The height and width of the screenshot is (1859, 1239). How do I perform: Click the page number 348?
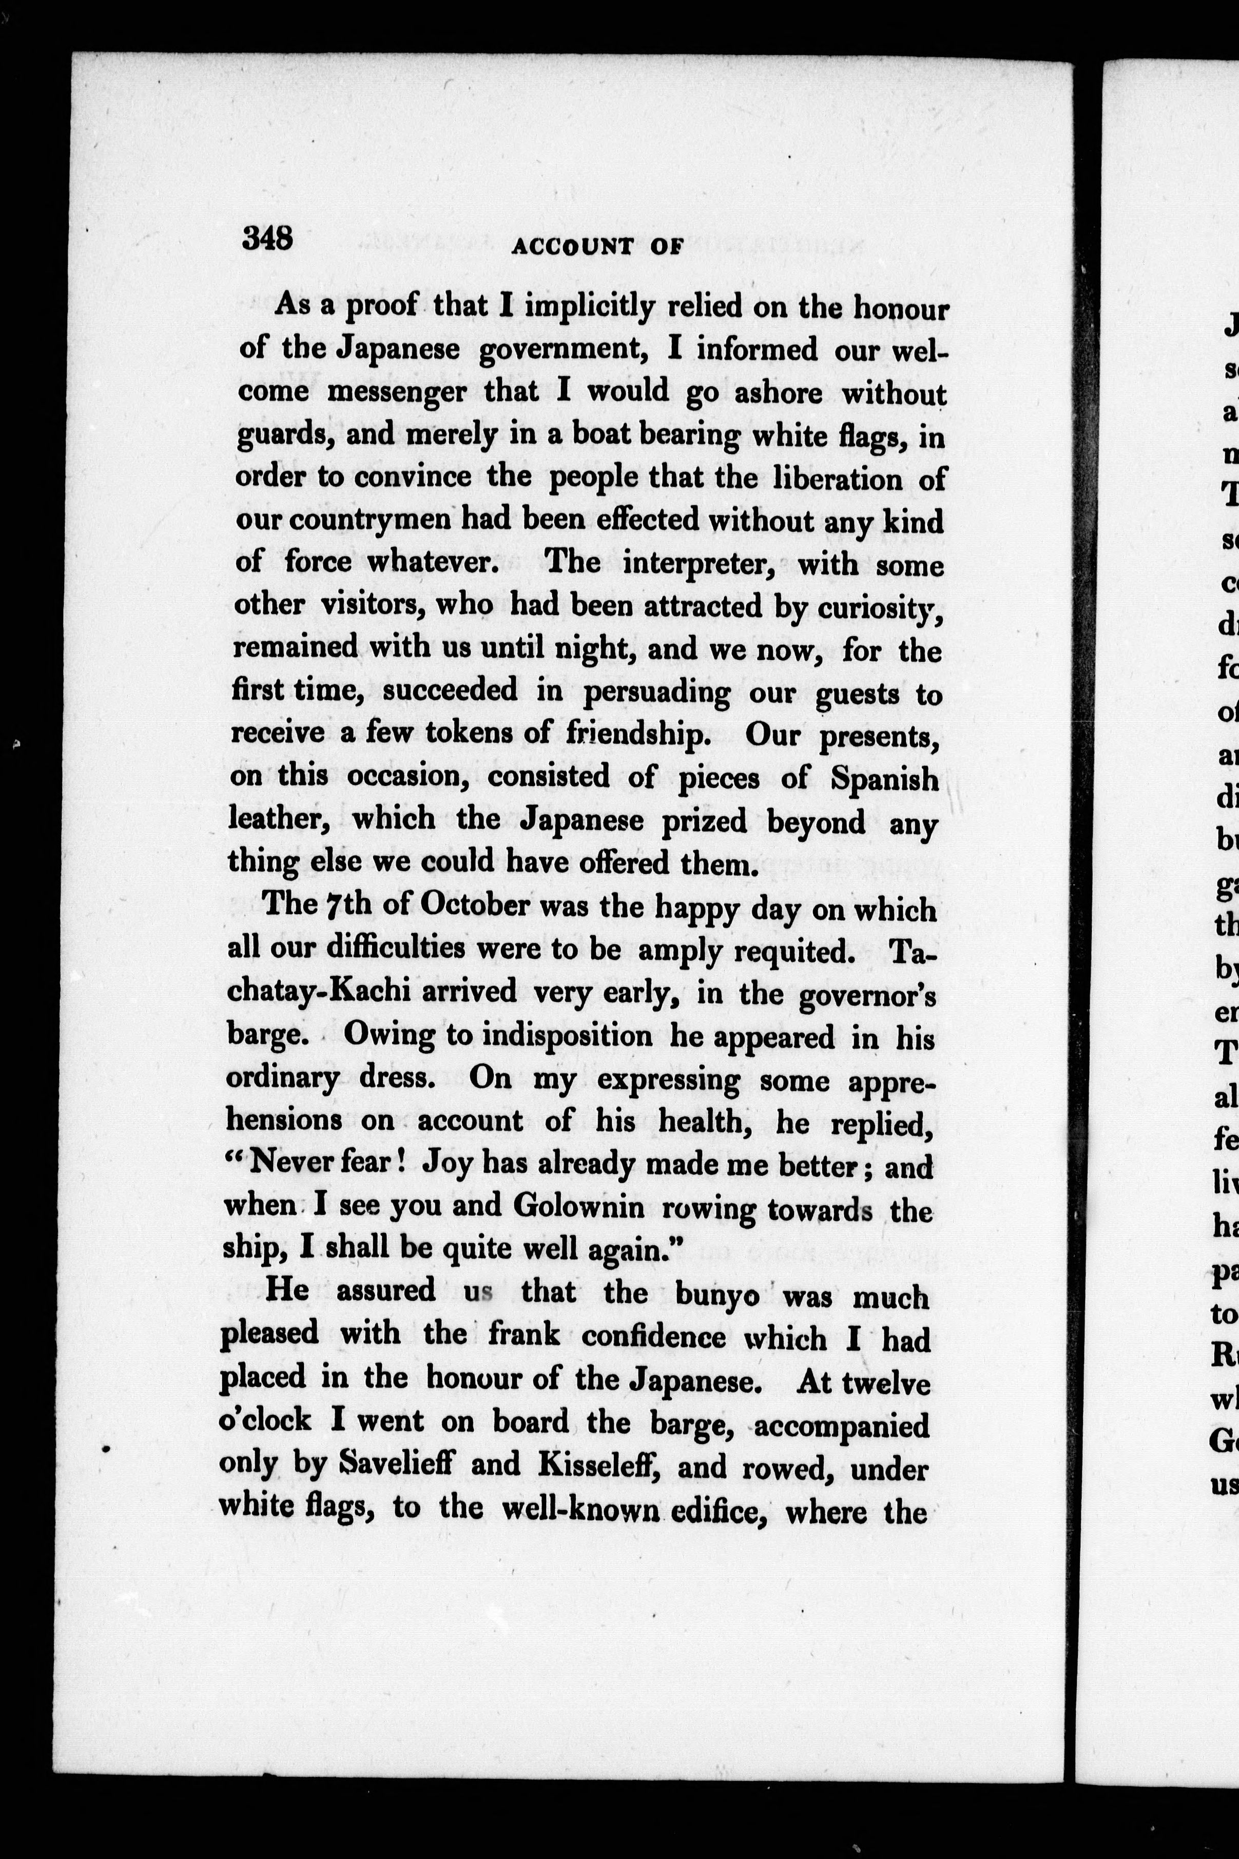[x=268, y=237]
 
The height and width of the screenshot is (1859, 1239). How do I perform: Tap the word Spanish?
[x=885, y=779]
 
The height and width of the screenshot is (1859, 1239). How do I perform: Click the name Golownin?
[x=578, y=1207]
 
